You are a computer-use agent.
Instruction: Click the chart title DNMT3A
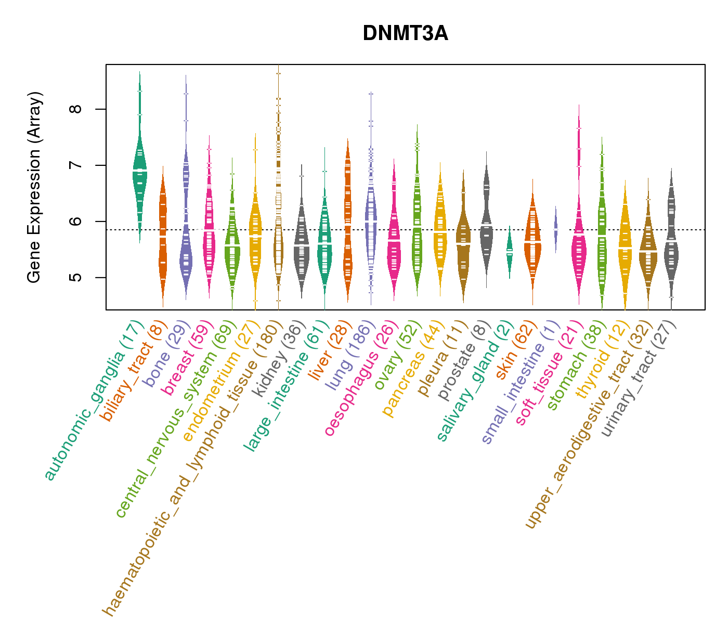(405, 34)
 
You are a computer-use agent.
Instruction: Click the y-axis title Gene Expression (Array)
(34, 187)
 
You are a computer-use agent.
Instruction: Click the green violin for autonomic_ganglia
(139, 177)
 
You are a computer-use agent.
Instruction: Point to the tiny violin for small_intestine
(555, 229)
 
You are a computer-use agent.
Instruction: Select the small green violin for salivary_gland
(510, 252)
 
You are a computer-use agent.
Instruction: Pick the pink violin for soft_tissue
(578, 244)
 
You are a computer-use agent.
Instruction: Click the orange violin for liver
(347, 218)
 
